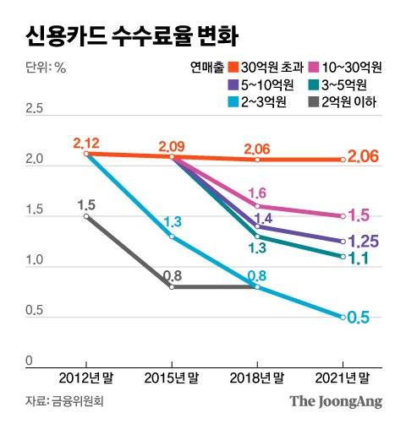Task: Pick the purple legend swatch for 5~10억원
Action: tap(234, 84)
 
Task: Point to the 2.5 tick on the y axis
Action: tap(35, 108)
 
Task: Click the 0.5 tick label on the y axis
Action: tap(35, 311)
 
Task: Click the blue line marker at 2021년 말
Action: tap(342, 317)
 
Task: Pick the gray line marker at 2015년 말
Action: tap(172, 287)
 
